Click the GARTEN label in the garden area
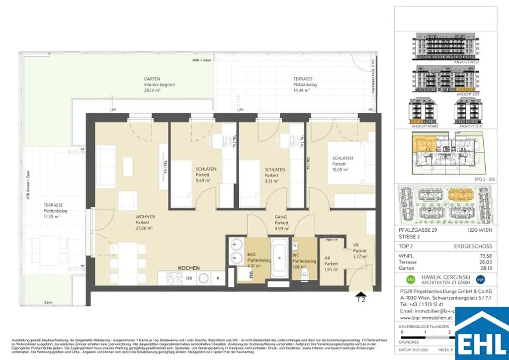[152, 79]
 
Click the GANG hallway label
[281, 217]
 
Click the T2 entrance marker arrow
[361, 297]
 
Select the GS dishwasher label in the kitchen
[189, 279]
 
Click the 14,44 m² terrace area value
[302, 91]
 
